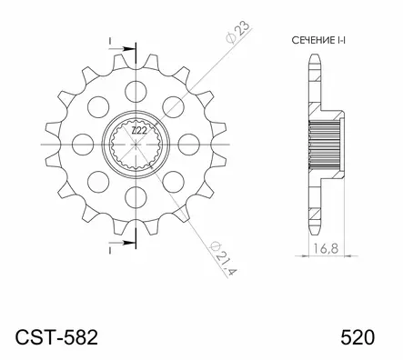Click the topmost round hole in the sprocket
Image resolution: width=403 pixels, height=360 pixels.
click(136, 89)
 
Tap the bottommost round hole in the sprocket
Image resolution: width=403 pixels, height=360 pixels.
click(136, 197)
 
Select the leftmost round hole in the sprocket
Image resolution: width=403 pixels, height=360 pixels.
click(82, 144)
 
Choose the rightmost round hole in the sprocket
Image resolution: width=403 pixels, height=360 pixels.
click(189, 144)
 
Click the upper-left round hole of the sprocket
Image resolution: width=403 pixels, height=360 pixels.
click(97, 105)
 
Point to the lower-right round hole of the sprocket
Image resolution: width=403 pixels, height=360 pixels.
click(174, 182)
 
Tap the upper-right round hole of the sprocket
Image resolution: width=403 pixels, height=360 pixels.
click(174, 105)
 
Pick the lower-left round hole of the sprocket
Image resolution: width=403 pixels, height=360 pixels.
click(97, 182)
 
